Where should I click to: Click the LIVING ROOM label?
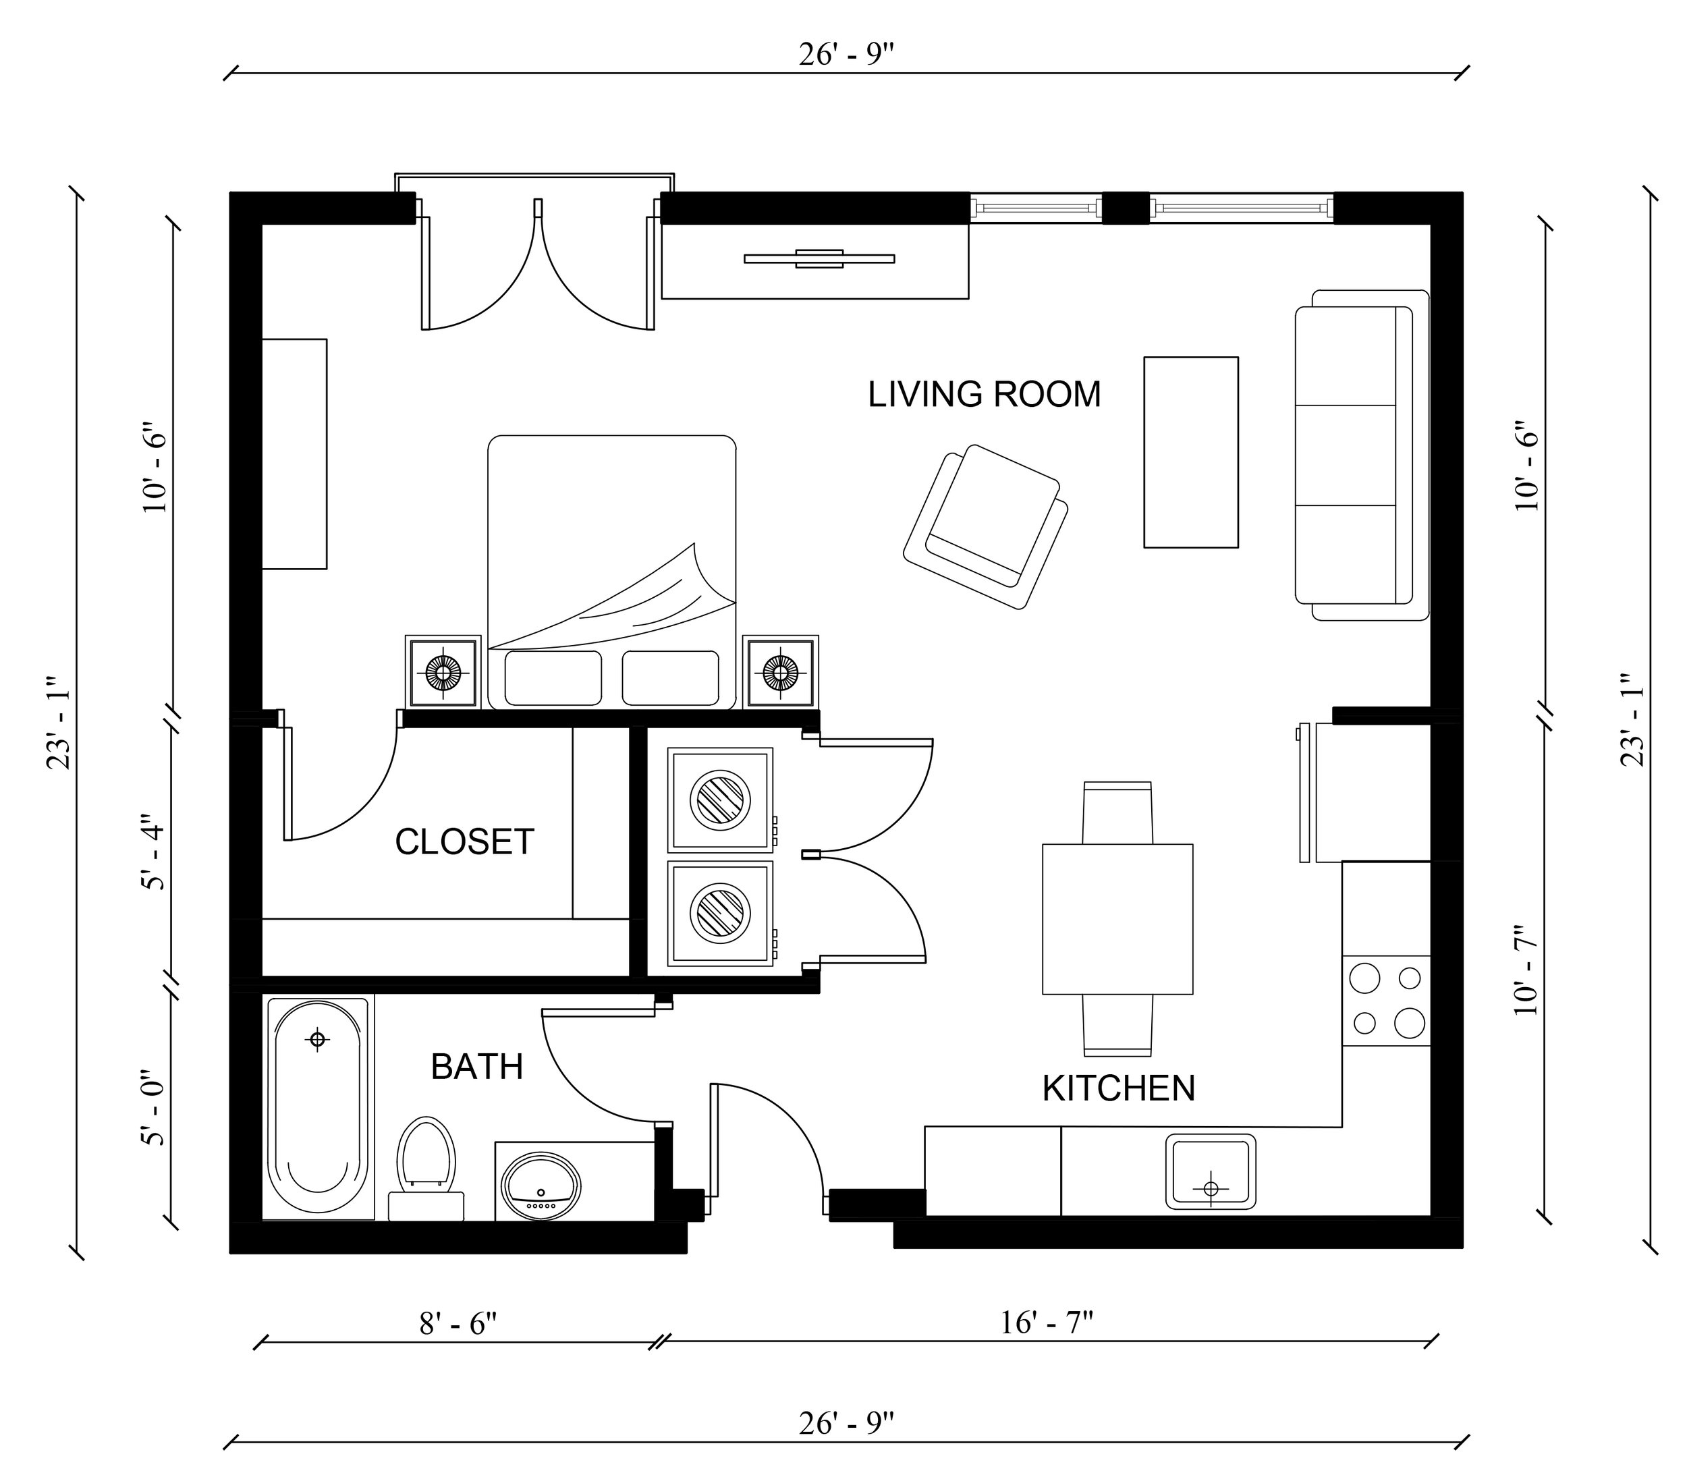(x=984, y=394)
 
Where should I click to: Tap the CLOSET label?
(x=464, y=841)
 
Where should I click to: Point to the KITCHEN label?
(x=1118, y=1088)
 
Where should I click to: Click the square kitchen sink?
(x=1211, y=1171)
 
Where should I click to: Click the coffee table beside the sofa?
(x=1190, y=452)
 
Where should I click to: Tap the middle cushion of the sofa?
(x=1346, y=455)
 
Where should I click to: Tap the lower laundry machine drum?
(x=721, y=913)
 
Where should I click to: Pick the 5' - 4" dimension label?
(x=154, y=852)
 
